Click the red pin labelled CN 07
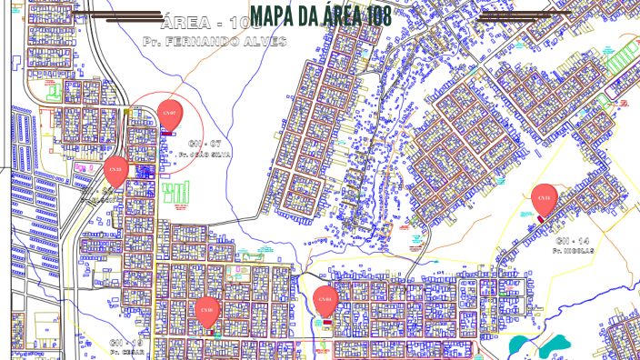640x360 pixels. pyautogui.click(x=168, y=115)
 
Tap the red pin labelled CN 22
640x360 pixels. pyautogui.click(x=115, y=170)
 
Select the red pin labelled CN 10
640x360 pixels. pyautogui.click(x=207, y=311)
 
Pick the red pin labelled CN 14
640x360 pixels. pyautogui.click(x=544, y=197)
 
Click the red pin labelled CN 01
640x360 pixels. pyautogui.click(x=325, y=300)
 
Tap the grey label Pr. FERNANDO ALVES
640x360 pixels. pyautogui.click(x=215, y=42)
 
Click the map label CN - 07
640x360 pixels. pyautogui.click(x=205, y=144)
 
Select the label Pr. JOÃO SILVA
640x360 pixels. pyautogui.click(x=205, y=155)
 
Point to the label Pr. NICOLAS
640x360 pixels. pyautogui.click(x=574, y=250)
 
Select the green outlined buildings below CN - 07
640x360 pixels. pyautogui.click(x=178, y=192)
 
